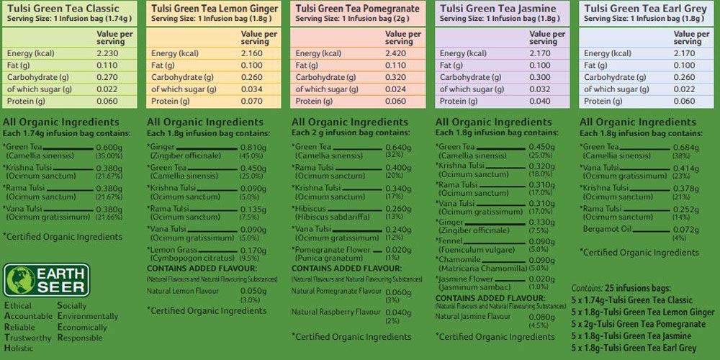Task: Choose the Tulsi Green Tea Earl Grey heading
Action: point(640,9)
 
